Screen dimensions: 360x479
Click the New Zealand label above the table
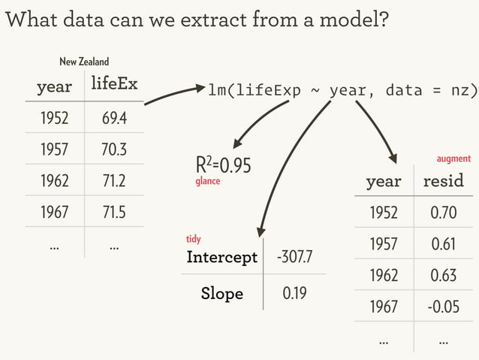coord(84,61)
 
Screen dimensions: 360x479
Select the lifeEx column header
coord(114,84)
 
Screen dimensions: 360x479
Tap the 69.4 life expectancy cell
coord(114,118)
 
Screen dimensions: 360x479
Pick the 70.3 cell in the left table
coord(114,150)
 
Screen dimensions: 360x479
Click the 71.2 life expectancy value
coord(114,180)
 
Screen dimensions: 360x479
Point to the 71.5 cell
coord(114,211)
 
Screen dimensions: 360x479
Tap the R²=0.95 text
coord(223,165)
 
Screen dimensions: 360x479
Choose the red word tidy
coord(194,239)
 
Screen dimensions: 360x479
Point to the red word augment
coord(453,159)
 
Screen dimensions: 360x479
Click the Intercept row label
coord(221,258)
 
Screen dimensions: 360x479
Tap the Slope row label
coord(221,293)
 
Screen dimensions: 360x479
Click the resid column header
coord(443,181)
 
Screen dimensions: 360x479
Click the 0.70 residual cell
coord(443,213)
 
